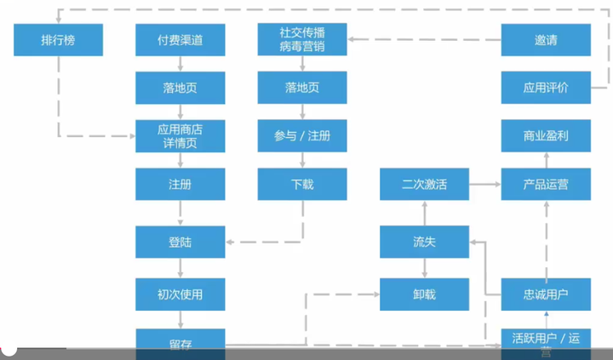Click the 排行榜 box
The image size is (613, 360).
point(59,40)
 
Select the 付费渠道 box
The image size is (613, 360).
point(180,40)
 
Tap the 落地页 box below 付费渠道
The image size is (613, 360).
point(180,88)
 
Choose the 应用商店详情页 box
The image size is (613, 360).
point(180,136)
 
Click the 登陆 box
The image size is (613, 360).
point(180,243)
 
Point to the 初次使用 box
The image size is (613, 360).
point(180,294)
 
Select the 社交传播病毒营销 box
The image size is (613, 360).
point(302,40)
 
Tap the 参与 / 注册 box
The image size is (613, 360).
point(302,136)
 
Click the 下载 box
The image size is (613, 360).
point(302,184)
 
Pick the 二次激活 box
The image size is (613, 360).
point(424,184)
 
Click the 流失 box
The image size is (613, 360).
point(424,243)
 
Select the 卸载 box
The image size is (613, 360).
point(424,294)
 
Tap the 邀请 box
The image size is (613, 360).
point(546,40)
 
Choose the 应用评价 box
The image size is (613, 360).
point(546,88)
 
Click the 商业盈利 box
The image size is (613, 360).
point(546,136)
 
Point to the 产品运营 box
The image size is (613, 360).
point(546,184)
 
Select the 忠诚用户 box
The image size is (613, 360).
point(546,294)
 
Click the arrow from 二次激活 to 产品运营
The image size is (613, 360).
point(484,184)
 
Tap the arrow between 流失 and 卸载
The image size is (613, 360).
point(424,268)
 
